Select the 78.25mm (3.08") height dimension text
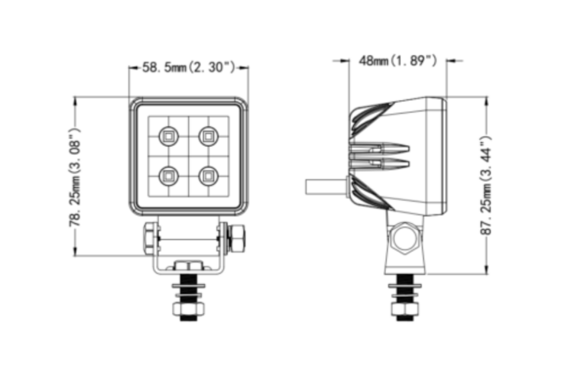(x=75, y=177)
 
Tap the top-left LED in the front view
(x=167, y=137)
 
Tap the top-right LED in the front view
(x=207, y=137)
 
